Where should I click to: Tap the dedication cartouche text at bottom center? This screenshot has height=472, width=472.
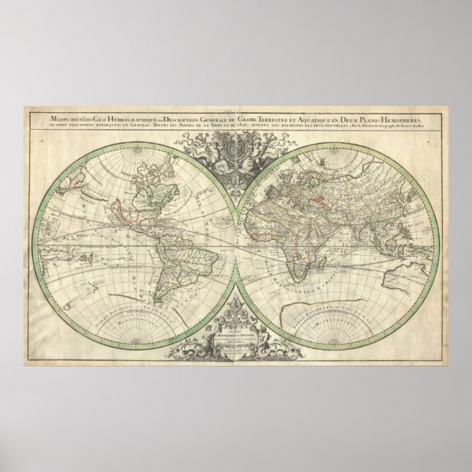235,340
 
